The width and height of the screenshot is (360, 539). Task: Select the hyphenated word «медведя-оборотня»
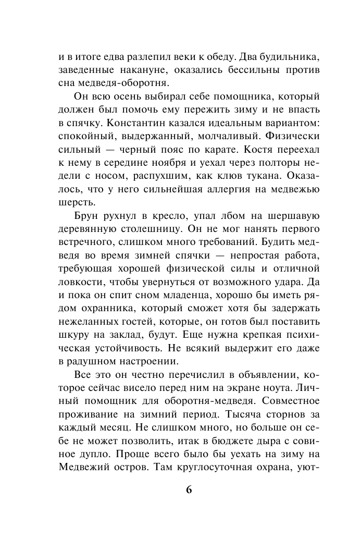pyautogui.click(x=114, y=83)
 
